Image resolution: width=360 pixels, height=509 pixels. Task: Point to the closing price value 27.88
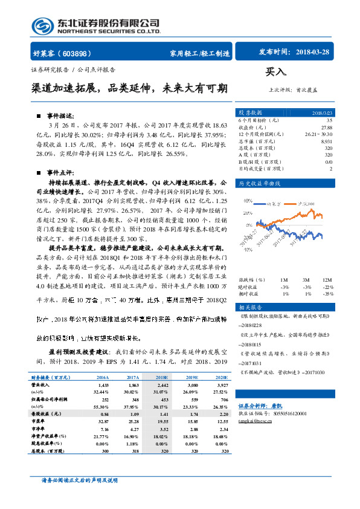tap(326, 127)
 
